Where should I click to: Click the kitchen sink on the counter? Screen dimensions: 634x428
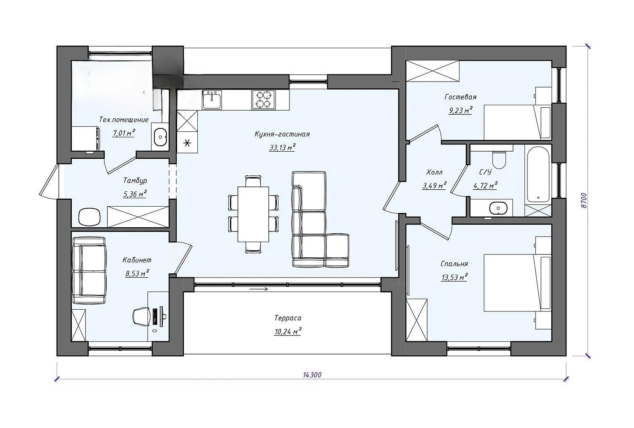click(212, 100)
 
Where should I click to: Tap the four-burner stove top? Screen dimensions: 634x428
click(263, 100)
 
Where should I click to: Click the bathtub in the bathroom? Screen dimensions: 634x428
click(538, 174)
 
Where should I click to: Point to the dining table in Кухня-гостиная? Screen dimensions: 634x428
click(253, 214)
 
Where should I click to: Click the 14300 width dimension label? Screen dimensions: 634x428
click(312, 375)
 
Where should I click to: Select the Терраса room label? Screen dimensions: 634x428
click(287, 318)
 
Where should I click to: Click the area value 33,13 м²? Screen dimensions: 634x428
click(282, 147)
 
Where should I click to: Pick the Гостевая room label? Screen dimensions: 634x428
click(461, 97)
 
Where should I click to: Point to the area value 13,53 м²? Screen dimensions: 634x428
click(454, 277)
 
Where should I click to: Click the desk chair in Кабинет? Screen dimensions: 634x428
click(142, 316)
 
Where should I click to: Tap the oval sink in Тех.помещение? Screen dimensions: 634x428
click(160, 137)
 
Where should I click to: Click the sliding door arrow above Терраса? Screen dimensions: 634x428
click(258, 289)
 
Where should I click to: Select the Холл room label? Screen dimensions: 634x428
click(434, 172)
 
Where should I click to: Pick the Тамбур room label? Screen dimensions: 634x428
click(135, 180)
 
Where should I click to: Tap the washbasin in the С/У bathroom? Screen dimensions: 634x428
click(498, 208)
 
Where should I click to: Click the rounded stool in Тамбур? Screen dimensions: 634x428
click(89, 217)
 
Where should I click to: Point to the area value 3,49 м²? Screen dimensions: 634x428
click(434, 185)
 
